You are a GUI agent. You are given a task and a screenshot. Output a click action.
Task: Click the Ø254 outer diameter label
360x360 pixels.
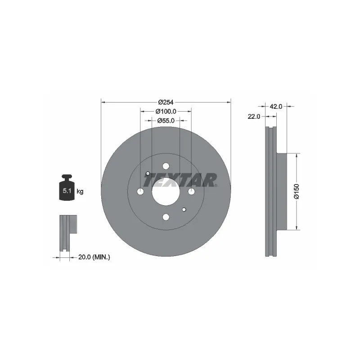coord(166,102)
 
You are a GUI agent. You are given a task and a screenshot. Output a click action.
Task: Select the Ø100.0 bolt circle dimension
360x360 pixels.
coord(166,111)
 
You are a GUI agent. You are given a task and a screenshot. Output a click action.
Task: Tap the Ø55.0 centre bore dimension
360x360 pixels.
coord(166,121)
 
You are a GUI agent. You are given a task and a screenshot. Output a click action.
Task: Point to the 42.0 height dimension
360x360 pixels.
coord(276,107)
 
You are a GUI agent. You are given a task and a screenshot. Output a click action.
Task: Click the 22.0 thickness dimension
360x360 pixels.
coord(254,117)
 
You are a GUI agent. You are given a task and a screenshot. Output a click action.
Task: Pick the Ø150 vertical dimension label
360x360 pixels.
coord(297,191)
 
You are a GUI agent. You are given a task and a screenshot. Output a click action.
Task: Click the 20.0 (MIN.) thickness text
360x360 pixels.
coord(94,257)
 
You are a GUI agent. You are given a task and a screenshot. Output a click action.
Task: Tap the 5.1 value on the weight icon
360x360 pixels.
coord(67,190)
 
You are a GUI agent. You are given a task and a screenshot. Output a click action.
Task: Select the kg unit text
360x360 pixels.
coord(80,191)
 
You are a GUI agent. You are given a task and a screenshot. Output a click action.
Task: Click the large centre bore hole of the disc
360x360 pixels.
coord(166,192)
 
